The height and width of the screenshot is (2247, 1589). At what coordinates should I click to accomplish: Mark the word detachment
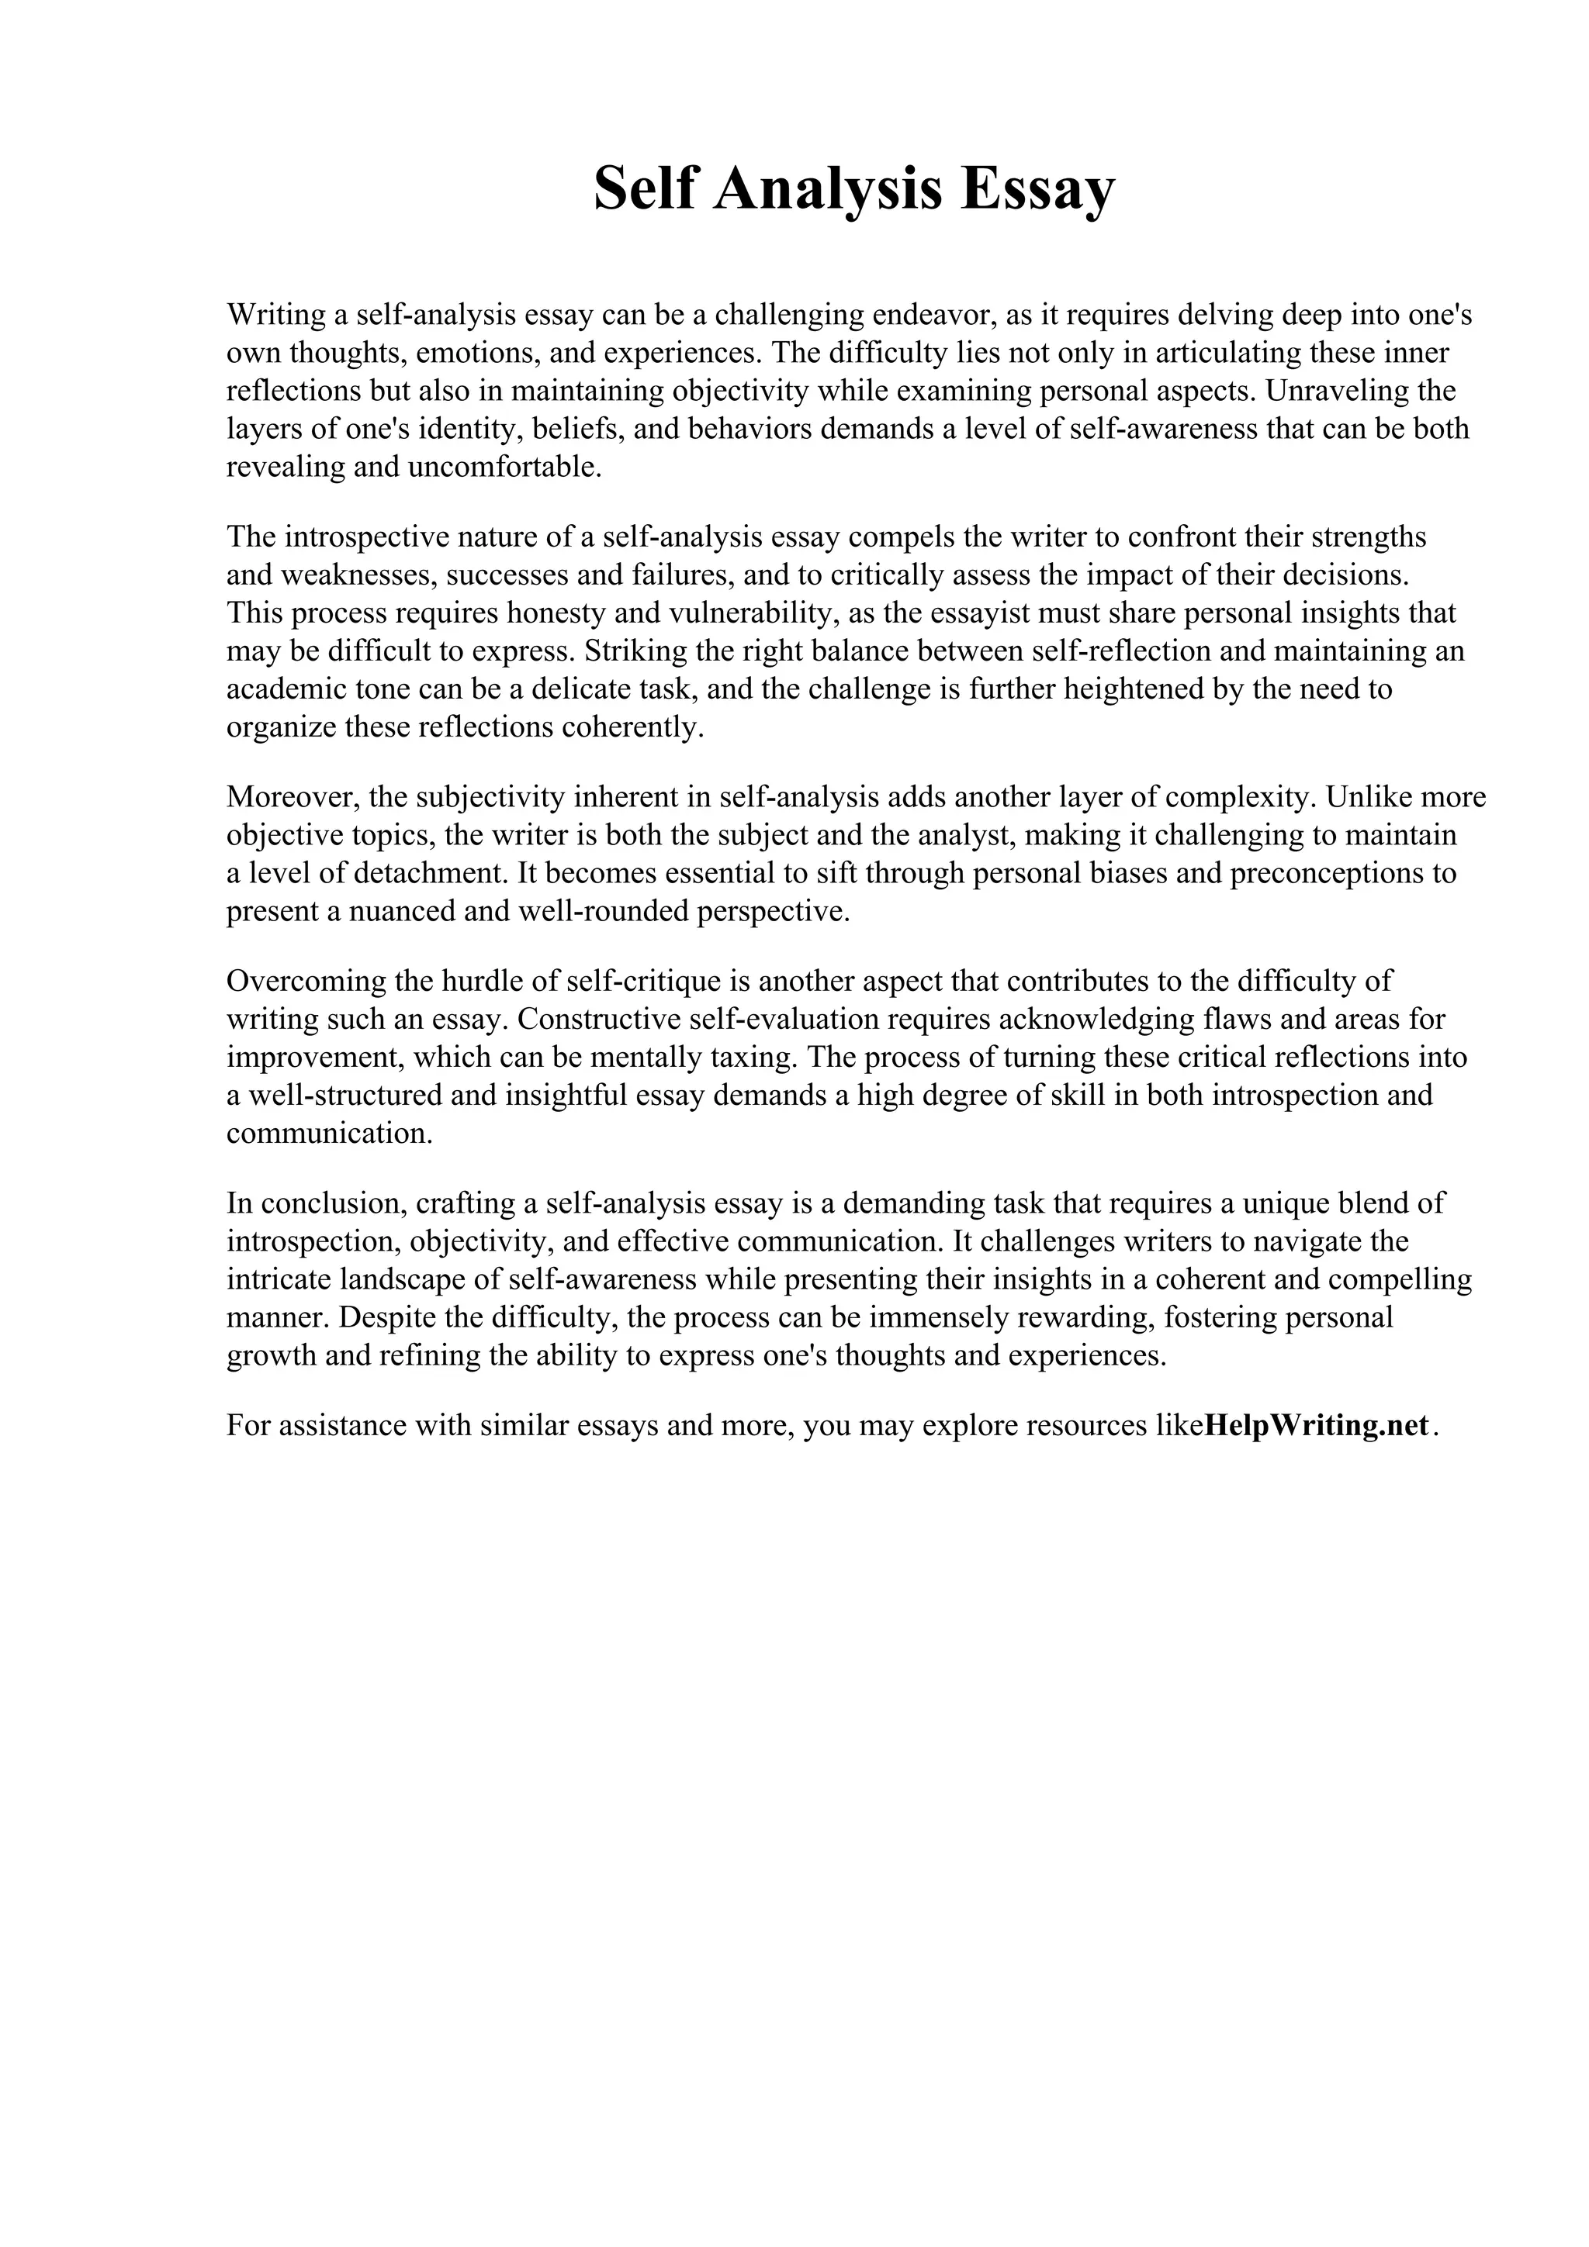[x=422, y=873]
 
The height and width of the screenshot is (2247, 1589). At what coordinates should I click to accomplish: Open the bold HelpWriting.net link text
[x=1316, y=1425]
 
